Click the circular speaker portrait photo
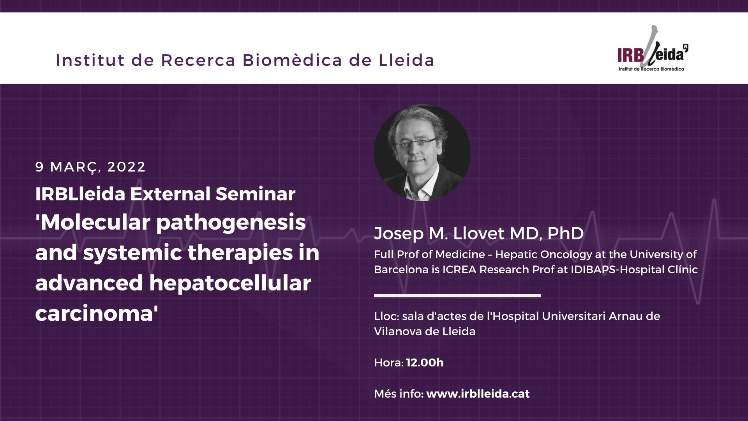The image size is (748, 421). pos(422,153)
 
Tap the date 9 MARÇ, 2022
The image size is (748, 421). pos(90,167)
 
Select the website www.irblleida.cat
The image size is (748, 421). pos(478,394)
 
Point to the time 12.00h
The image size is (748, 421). pos(425,363)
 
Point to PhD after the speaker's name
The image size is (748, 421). pos(566,233)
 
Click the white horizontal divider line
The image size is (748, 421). pos(457,295)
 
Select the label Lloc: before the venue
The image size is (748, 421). pos(386,316)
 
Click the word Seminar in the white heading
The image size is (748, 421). pos(256,194)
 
